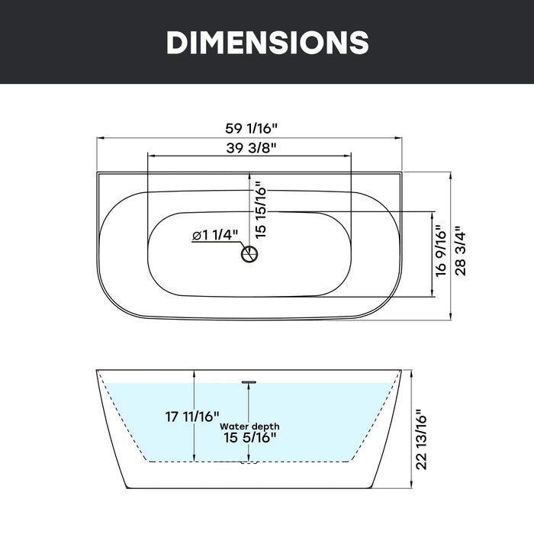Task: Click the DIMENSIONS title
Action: (x=267, y=42)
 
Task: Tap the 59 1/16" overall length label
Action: (x=251, y=128)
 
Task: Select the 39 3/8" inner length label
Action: (x=251, y=148)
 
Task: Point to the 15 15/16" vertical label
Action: (x=261, y=209)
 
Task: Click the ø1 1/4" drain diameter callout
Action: (x=215, y=235)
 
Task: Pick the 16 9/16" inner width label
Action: (x=440, y=250)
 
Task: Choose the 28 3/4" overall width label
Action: (x=460, y=250)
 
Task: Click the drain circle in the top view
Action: (x=249, y=254)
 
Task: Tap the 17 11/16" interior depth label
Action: (x=192, y=417)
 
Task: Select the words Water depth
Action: (x=249, y=426)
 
